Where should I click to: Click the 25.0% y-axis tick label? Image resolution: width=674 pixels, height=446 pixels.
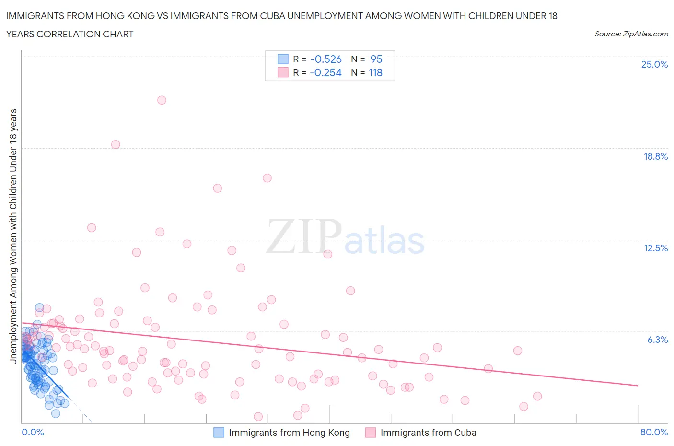point(654,64)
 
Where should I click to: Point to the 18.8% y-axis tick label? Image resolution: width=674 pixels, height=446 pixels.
point(655,156)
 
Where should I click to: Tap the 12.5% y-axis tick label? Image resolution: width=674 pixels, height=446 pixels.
point(655,248)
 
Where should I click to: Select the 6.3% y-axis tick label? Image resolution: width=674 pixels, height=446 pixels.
point(657,340)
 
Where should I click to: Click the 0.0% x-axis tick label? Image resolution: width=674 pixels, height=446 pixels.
point(33,432)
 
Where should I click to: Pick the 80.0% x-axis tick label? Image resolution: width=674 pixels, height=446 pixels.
point(654,432)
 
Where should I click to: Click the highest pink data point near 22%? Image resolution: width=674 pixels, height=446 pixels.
point(162,100)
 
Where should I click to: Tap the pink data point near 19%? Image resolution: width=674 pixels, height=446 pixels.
point(116,144)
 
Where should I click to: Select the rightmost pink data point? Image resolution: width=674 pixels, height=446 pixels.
point(537,396)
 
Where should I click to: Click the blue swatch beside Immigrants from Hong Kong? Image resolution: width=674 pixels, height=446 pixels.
point(219,433)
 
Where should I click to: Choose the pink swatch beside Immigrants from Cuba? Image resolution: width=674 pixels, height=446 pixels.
point(370,433)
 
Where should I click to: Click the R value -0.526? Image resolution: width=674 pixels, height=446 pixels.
point(326,59)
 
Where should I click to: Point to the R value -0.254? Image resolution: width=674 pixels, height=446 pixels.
point(326,72)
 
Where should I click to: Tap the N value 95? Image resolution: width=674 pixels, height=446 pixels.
point(376,59)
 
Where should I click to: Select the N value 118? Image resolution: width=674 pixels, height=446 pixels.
point(375,72)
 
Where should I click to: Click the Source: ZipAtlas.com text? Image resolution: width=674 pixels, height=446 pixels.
point(631,34)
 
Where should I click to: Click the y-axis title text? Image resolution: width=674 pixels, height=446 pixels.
point(13,236)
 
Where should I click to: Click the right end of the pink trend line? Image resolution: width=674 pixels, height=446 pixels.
point(638,386)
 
